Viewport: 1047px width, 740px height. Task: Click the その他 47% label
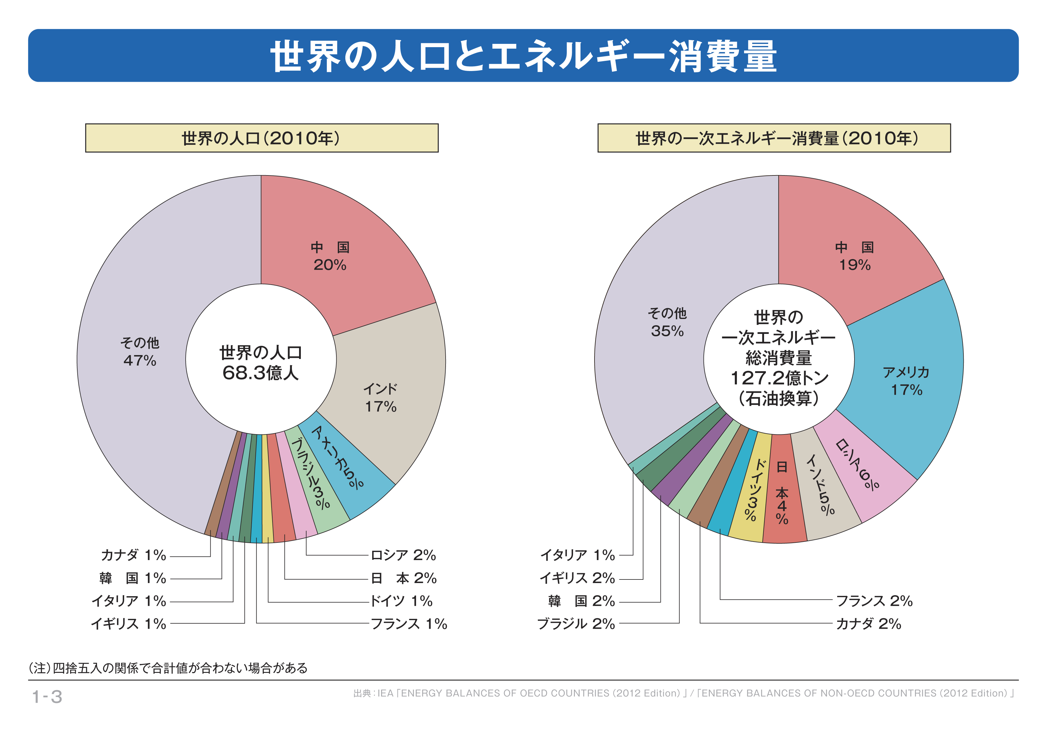pos(140,352)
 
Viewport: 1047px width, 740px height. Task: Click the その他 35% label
pos(667,322)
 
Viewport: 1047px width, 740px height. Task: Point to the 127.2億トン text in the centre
pos(779,378)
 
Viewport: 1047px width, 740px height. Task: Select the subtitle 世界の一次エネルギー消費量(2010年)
pos(774,138)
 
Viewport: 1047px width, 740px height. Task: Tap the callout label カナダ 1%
pos(133,555)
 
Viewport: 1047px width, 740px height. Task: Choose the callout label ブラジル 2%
pos(576,623)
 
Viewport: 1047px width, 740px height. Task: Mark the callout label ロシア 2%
pos(403,555)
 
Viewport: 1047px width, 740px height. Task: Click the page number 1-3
pos(47,696)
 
